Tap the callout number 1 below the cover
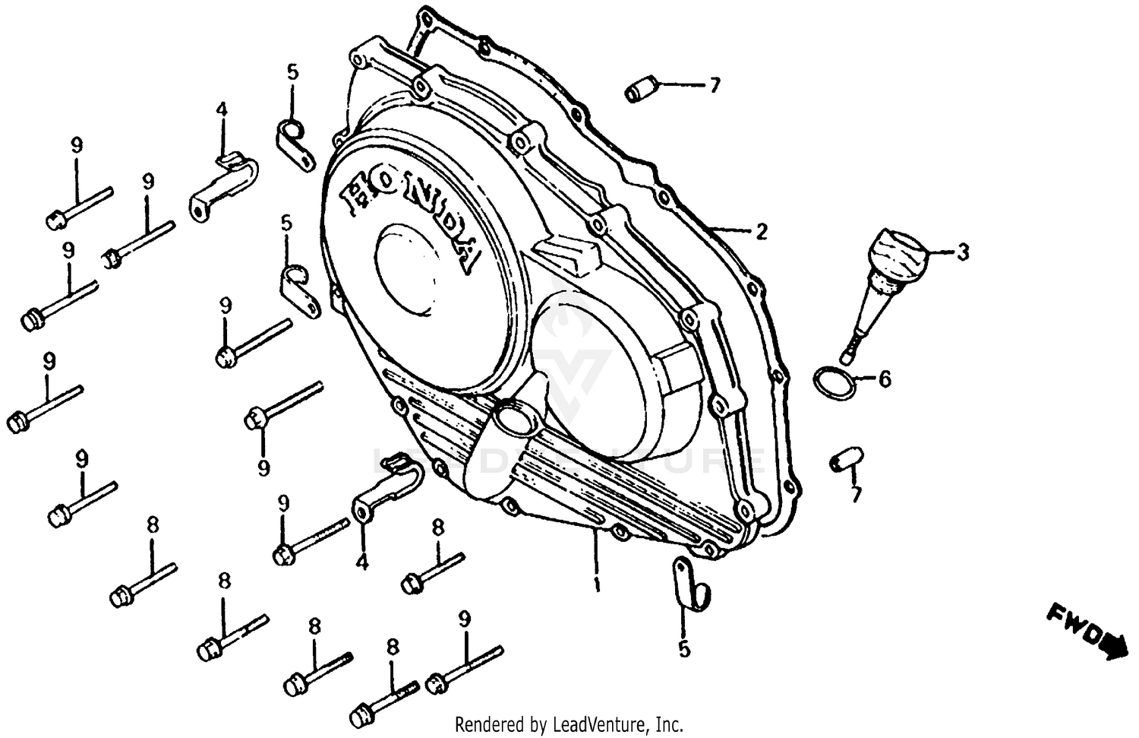pos(597,587)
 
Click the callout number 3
pos(962,252)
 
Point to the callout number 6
pos(885,379)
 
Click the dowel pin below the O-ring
pos(844,458)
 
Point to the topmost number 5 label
pos(292,73)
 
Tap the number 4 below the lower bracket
pos(362,563)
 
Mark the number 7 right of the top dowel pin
pos(713,87)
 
